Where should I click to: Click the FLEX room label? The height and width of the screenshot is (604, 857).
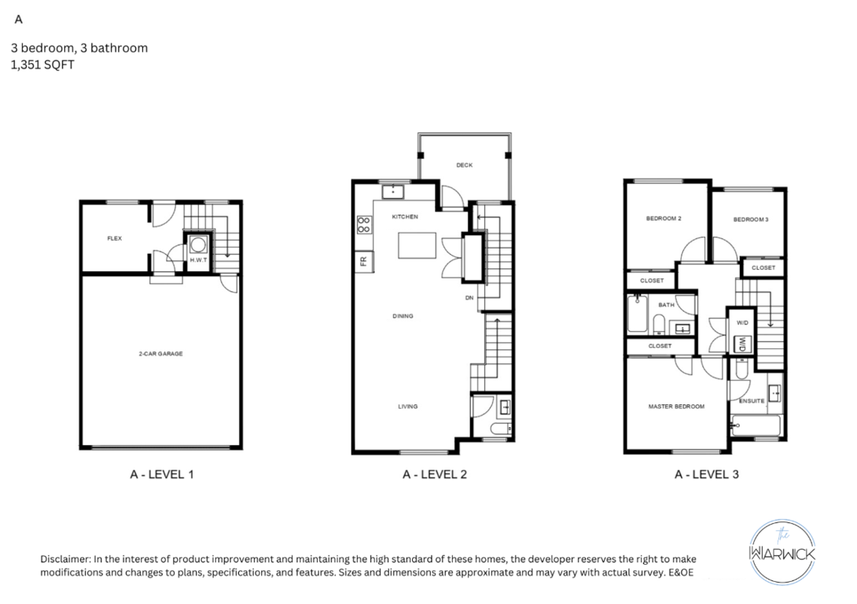coord(114,238)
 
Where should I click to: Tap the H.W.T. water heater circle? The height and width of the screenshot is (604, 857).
coord(198,244)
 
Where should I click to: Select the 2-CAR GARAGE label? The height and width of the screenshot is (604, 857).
coord(160,354)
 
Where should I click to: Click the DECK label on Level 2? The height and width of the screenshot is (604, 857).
coord(465,165)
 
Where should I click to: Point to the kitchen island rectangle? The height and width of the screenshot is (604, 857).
coord(417,245)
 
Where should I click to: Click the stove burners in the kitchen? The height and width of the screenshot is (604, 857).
coord(364,225)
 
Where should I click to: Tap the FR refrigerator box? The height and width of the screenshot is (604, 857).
coord(364,261)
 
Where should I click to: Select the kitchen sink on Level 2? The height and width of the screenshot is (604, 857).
coord(392,192)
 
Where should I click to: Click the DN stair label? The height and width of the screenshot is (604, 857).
coord(469,298)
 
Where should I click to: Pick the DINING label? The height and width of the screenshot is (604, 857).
coord(403,316)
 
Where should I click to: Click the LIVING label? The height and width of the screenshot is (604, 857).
coord(408,407)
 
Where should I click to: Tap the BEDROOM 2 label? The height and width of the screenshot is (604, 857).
coord(664,219)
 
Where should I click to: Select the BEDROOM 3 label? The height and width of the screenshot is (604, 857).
coord(751,219)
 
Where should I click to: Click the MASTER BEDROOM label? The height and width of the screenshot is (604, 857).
coord(676,407)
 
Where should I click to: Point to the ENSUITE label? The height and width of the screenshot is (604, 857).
coord(752,401)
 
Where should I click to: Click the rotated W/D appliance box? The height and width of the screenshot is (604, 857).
coord(741,344)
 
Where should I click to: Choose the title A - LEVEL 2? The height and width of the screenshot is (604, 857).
coord(435,474)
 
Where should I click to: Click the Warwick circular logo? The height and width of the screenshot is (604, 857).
coord(782,552)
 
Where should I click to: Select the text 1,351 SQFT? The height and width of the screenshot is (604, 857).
coord(42,65)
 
